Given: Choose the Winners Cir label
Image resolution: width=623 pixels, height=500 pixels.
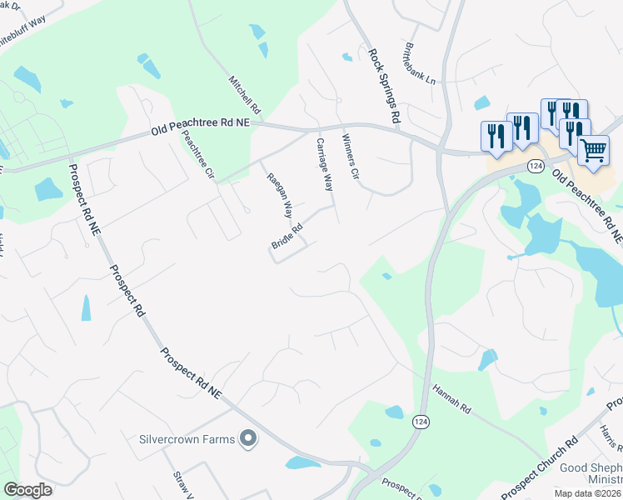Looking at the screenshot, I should point(350,157).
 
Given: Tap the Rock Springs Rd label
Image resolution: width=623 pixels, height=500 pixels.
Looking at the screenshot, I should point(385,84).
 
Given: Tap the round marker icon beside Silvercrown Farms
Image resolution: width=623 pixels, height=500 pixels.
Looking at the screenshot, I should point(247,437).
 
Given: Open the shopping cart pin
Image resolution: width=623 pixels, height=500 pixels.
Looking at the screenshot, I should point(593,151).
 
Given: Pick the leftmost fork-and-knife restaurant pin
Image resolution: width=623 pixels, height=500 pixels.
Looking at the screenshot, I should point(496,137).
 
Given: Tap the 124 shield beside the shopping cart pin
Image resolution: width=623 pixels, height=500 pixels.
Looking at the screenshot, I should point(536,167).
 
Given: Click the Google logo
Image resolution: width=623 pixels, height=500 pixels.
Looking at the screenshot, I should point(28,490).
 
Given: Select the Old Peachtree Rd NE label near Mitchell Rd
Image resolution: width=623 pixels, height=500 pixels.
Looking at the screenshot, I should point(200,127).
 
